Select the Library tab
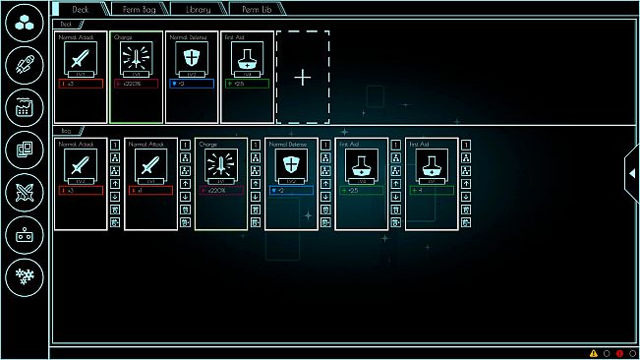[200, 8]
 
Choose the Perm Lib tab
[256, 8]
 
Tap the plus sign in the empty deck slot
[303, 77]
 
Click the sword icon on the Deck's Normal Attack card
[81, 58]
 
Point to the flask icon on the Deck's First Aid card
[249, 58]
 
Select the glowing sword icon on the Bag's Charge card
[221, 163]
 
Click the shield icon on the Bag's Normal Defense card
[291, 163]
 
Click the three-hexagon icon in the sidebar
[24, 26]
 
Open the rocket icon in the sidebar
[24, 67]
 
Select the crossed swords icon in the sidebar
[24, 192]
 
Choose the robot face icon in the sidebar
[24, 234]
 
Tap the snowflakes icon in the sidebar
[24, 275]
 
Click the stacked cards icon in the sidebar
[24, 150]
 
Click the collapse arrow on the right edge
[631, 172]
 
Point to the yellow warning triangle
[594, 353]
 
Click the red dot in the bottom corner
[620, 353]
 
